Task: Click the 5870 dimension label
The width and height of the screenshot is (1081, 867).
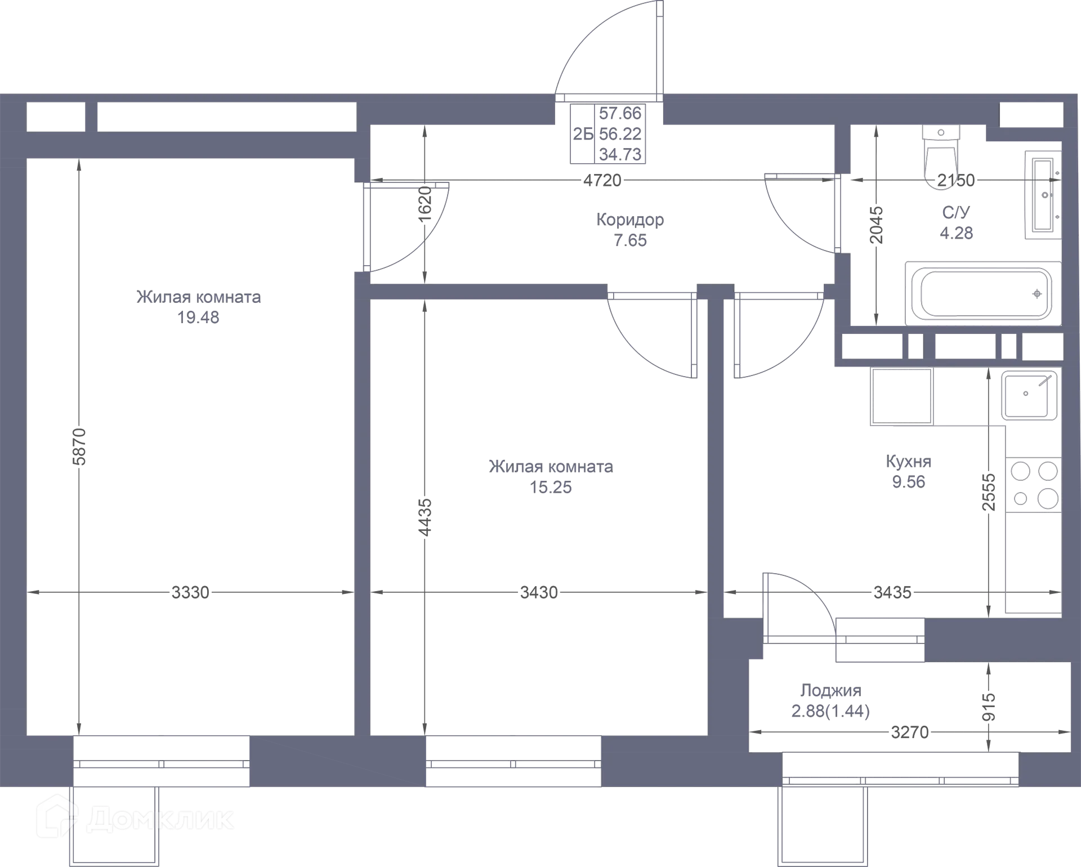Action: (x=79, y=446)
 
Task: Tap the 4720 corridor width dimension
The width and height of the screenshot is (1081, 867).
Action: (x=602, y=180)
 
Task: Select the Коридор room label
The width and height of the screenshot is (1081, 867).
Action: (x=630, y=219)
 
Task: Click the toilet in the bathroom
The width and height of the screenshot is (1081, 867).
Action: (x=941, y=150)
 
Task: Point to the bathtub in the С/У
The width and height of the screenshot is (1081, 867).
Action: (x=983, y=293)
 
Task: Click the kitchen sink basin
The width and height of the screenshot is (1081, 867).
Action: (x=1029, y=395)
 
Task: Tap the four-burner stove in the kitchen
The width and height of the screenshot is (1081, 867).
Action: (x=1034, y=485)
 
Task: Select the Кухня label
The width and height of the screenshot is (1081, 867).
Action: (x=909, y=462)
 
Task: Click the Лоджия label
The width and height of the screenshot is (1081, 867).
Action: (x=831, y=690)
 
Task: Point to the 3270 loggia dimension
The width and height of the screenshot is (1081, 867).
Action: (x=910, y=732)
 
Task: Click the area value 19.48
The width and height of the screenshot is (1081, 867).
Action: (x=198, y=318)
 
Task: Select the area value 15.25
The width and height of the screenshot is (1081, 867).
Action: (x=551, y=487)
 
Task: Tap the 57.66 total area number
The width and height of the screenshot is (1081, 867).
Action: (x=620, y=114)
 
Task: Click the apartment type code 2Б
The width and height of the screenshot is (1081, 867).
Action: (x=583, y=134)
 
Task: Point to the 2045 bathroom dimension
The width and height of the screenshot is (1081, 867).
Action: (x=876, y=225)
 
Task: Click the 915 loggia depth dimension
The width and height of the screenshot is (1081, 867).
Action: (x=989, y=707)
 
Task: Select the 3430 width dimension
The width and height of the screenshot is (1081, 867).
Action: (x=539, y=592)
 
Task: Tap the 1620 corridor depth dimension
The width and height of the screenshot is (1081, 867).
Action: (x=425, y=203)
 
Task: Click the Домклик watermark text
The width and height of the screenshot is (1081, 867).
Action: (x=160, y=820)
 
